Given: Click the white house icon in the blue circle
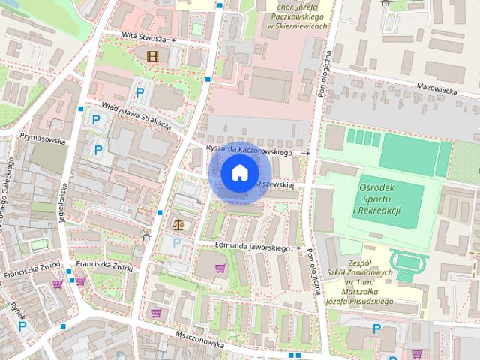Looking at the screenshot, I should coord(238,173).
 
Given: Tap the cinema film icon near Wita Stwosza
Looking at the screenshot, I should coord(153,55).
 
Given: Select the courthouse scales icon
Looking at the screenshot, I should coord(178,223).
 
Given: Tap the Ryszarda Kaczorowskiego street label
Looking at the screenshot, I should coord(249,149).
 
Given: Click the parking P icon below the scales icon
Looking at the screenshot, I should coord(177,242).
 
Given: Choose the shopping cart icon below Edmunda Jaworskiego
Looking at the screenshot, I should coord(220,268).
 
